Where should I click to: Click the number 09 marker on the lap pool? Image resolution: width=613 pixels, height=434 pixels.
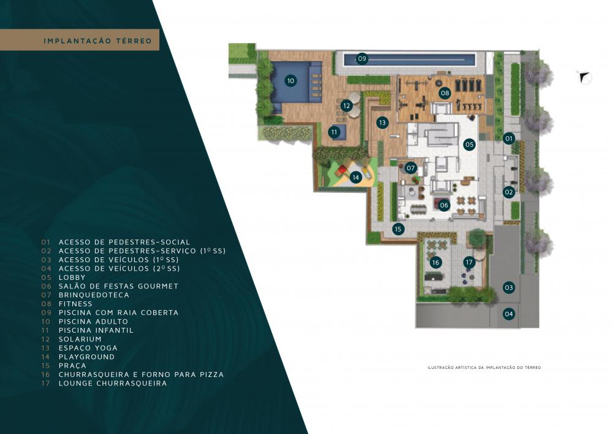[362, 59]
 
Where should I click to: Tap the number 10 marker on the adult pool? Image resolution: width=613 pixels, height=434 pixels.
[291, 81]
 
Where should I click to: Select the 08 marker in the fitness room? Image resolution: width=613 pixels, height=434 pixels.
[445, 93]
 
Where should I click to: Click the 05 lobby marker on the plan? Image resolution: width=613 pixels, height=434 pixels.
[469, 144]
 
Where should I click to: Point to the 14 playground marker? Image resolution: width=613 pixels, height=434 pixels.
[356, 177]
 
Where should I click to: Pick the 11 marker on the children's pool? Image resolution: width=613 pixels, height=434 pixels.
[334, 132]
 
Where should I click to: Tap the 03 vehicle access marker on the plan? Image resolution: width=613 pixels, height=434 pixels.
[509, 288]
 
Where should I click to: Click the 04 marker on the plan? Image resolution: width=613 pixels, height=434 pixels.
[509, 314]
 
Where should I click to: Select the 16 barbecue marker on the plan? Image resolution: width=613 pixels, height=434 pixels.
[435, 263]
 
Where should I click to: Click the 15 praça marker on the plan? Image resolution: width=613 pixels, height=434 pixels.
[398, 229]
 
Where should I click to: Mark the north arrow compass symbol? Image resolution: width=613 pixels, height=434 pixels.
[584, 77]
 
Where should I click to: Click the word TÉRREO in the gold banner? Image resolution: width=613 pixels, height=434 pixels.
[133, 41]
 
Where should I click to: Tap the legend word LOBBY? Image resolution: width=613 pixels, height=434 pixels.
[72, 277]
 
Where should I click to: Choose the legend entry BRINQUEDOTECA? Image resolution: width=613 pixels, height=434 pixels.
[94, 295]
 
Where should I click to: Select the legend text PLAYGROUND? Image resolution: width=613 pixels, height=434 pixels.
[87, 357]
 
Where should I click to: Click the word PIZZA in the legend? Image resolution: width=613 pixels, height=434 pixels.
[212, 374]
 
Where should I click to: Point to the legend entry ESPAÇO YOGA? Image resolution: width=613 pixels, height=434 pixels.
[88, 348]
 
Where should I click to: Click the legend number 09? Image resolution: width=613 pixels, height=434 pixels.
[46, 312]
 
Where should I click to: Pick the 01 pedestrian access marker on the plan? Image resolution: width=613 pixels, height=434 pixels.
[509, 138]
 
